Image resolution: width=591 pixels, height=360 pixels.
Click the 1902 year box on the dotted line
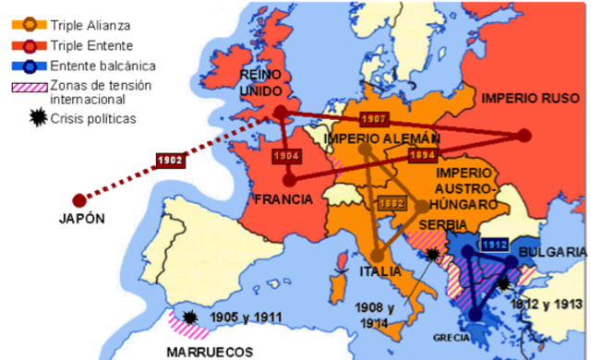pos(171,160)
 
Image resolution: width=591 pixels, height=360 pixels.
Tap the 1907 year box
pos(373,119)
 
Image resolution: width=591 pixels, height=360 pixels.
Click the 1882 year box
pos(391,203)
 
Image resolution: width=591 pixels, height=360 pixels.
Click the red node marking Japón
pos(79,199)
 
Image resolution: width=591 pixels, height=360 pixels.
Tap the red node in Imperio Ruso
pos(525,136)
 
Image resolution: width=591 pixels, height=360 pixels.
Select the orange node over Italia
pos(377,256)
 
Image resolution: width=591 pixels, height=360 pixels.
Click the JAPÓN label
pos(78,220)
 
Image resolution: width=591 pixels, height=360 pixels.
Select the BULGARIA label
pos(552,252)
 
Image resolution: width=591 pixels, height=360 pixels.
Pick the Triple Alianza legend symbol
pos(29,24)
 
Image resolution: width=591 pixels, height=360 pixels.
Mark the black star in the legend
pos(30,119)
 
